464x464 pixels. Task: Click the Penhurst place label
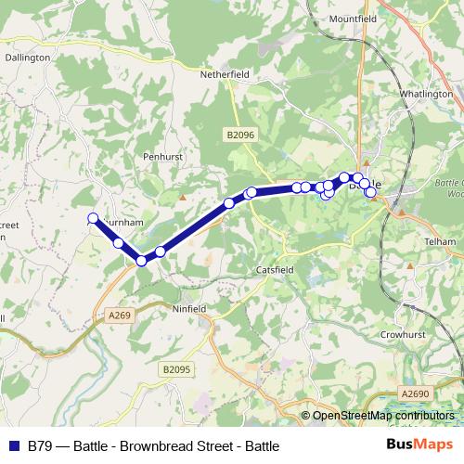[x=163, y=157]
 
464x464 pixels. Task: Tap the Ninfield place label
[x=189, y=308]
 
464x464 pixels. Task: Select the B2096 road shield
[x=239, y=135]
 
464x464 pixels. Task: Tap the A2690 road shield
[x=415, y=394]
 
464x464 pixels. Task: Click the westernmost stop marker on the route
[x=93, y=219]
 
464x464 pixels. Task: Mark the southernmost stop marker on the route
[x=142, y=261]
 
